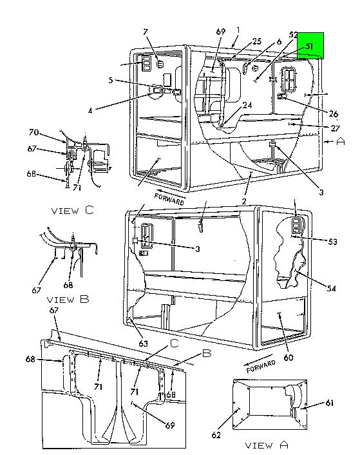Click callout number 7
(x=146, y=32)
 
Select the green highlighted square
(x=310, y=46)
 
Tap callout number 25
(x=257, y=41)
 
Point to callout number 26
(x=334, y=113)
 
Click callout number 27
(x=335, y=128)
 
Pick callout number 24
(x=247, y=105)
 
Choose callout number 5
(x=111, y=80)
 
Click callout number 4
(x=90, y=111)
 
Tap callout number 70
(x=33, y=132)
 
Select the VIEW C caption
(x=73, y=210)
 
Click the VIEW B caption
(x=68, y=299)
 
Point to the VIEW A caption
(x=267, y=445)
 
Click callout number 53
(x=332, y=242)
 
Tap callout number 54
(x=331, y=288)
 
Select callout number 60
(x=289, y=358)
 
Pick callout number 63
(x=143, y=344)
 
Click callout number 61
(x=330, y=403)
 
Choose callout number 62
(x=216, y=434)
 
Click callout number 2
(x=244, y=201)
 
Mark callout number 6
(x=279, y=41)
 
